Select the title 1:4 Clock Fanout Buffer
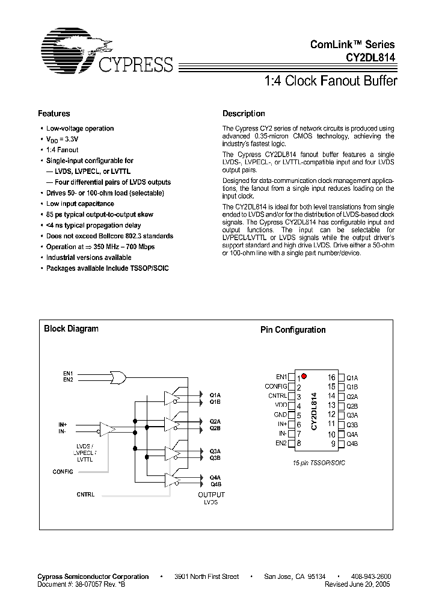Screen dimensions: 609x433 [x=331, y=81]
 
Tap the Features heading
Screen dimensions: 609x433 [x=54, y=113]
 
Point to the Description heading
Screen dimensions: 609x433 [x=244, y=113]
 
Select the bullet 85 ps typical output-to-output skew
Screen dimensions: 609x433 [x=100, y=215]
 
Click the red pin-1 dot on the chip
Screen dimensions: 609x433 [x=304, y=376]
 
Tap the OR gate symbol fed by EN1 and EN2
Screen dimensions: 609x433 [x=115, y=377]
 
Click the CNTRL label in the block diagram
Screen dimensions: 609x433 [x=85, y=494]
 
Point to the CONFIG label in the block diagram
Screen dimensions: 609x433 [x=63, y=471]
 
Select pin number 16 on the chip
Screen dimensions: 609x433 [x=331, y=377]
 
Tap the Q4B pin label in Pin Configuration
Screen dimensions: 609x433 [x=352, y=444]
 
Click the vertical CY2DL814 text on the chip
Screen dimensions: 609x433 [x=314, y=410]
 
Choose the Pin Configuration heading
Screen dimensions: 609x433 [x=293, y=330]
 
